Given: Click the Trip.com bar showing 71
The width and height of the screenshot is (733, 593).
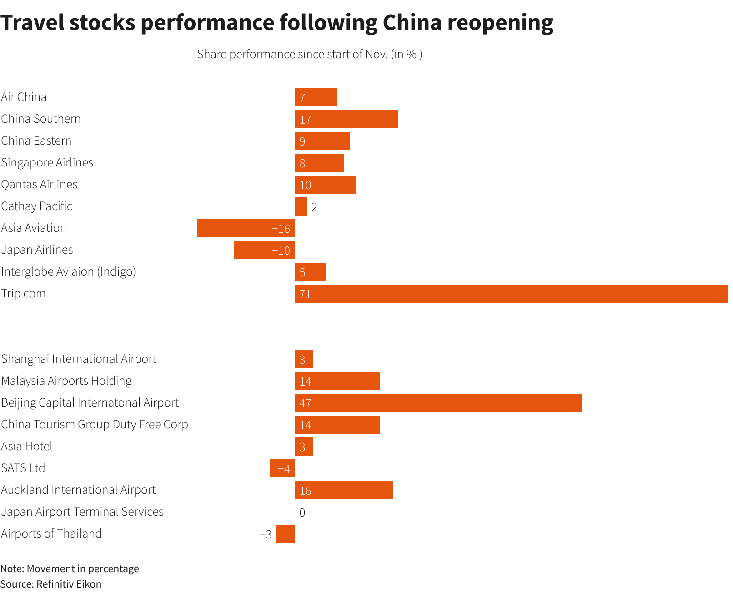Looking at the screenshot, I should [x=511, y=294].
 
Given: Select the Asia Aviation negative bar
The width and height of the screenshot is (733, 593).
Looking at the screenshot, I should [x=246, y=228].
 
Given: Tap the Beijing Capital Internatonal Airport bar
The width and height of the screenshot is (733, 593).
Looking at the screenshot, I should [x=438, y=403].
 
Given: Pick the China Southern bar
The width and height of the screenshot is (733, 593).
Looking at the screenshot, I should [x=346, y=119].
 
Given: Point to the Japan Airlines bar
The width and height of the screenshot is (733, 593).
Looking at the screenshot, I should [x=264, y=250].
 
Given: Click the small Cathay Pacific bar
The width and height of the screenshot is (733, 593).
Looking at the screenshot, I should [x=301, y=206].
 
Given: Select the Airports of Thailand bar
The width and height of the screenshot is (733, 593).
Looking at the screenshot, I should [x=285, y=534].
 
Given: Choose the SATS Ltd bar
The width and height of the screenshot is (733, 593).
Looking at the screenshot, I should [x=282, y=468].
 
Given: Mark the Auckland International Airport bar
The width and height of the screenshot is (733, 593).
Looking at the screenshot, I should [x=343, y=490].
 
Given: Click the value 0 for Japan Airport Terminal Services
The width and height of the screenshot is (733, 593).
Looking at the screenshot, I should [x=302, y=513].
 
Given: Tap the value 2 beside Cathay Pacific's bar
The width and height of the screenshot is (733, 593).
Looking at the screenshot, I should [x=314, y=207].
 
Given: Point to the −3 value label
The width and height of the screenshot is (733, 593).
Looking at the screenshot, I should [x=266, y=534].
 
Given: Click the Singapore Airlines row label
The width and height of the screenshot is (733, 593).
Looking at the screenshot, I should [x=47, y=162].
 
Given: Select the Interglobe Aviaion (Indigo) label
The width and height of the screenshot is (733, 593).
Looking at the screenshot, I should [x=68, y=271].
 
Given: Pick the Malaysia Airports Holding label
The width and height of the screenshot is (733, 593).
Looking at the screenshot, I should [x=66, y=381].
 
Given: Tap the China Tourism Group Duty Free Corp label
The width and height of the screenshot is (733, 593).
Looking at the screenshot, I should [x=95, y=424].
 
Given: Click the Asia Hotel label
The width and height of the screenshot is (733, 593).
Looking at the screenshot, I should [x=27, y=446].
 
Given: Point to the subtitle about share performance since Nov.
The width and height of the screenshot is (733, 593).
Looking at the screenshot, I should [x=310, y=54].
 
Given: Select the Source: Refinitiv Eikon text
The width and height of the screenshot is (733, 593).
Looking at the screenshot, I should [x=51, y=584].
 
